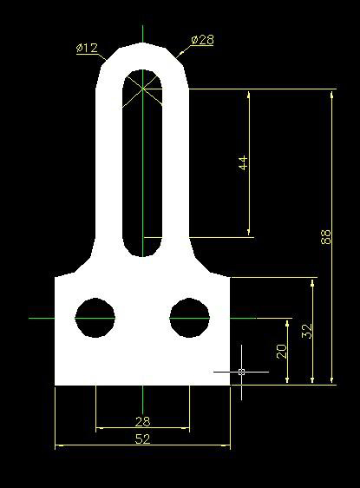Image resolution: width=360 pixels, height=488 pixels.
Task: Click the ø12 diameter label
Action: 87,49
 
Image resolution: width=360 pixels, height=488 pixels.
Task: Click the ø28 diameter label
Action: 203,40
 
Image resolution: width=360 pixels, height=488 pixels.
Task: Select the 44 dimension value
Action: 244,162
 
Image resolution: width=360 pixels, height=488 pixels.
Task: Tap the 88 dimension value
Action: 326,237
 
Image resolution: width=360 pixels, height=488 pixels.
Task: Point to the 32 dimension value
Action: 307,331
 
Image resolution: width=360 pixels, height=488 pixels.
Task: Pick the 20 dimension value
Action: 282,351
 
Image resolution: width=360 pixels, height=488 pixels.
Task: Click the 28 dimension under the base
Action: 142,422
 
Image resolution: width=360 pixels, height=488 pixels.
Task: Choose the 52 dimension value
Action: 142,439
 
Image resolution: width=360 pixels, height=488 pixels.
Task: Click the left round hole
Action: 95,318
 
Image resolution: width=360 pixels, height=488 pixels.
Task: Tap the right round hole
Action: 189,318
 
